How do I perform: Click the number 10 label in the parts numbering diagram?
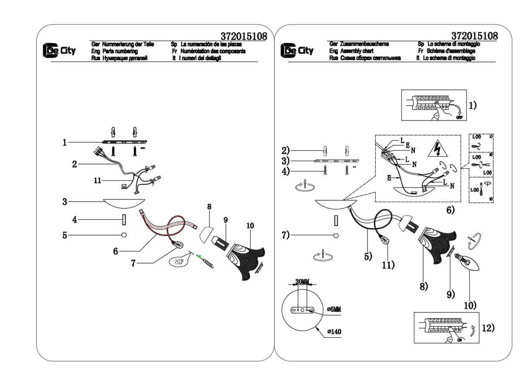pyautogui.click(x=250, y=226)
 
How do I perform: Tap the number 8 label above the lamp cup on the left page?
pyautogui.click(x=209, y=208)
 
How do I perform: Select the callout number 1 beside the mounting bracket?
pyautogui.click(x=65, y=142)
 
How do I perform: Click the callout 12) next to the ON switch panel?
pyautogui.click(x=489, y=328)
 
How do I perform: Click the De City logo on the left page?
pyautogui.click(x=59, y=51)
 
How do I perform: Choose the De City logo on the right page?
pyautogui.click(x=297, y=50)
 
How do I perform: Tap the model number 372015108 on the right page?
pyautogui.click(x=475, y=35)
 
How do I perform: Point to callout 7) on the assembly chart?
pyautogui.click(x=285, y=236)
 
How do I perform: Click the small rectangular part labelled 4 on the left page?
pyautogui.click(x=123, y=220)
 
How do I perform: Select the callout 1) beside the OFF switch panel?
pyautogui.click(x=473, y=105)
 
